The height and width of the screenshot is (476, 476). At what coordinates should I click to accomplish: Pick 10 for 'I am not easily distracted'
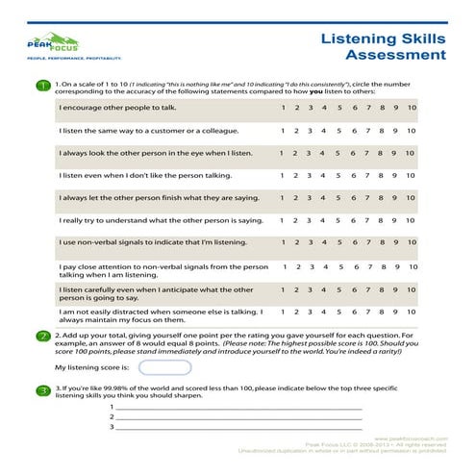(x=412, y=312)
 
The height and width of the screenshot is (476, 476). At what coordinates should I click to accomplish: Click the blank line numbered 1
(x=240, y=408)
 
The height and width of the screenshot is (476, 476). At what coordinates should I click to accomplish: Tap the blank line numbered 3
(x=240, y=428)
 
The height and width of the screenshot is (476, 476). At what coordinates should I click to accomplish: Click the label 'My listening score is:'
(x=88, y=367)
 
